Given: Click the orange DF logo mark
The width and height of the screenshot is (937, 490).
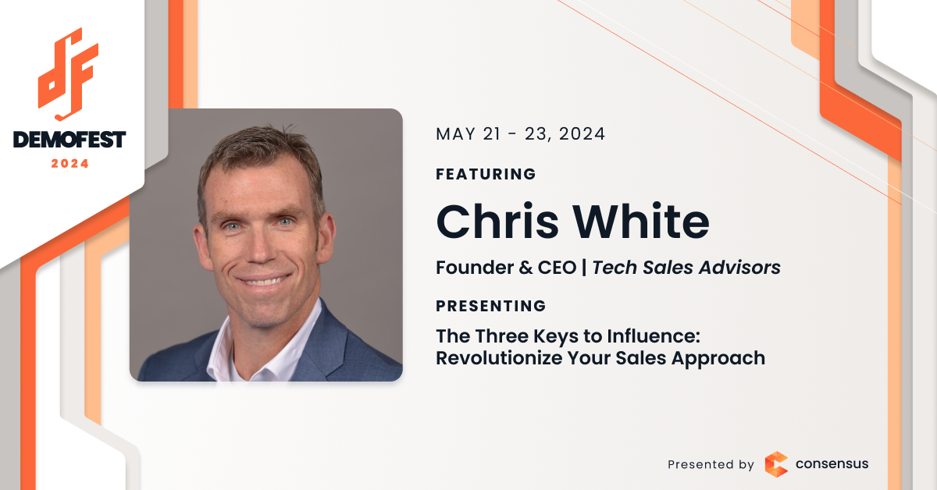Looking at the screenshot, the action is pyautogui.click(x=68, y=74).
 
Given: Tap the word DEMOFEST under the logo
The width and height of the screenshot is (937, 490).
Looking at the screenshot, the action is pyautogui.click(x=69, y=140).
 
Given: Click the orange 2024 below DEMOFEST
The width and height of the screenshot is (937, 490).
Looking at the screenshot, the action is pyautogui.click(x=69, y=164).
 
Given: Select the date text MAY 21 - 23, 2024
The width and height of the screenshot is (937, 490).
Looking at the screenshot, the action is pyautogui.click(x=520, y=134).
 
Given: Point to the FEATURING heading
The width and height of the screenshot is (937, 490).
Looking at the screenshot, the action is pyautogui.click(x=486, y=174).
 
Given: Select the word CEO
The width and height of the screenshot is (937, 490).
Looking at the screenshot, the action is pyautogui.click(x=557, y=268).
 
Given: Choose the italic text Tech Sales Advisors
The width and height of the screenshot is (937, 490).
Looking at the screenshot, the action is pyautogui.click(x=686, y=268).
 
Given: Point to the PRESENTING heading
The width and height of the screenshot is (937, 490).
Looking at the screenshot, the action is pyautogui.click(x=490, y=306).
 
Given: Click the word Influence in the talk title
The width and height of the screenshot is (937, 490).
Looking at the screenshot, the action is pyautogui.click(x=654, y=336).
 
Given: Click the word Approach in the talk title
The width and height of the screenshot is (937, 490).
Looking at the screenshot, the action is pyautogui.click(x=718, y=359).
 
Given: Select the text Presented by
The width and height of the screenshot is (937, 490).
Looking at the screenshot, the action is pyautogui.click(x=711, y=464).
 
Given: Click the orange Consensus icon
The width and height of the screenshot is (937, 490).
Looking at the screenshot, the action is pyautogui.click(x=776, y=464).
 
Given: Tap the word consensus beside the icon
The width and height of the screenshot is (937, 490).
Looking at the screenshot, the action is pyautogui.click(x=832, y=464).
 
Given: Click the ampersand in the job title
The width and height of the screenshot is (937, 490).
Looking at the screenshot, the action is pyautogui.click(x=526, y=268).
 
